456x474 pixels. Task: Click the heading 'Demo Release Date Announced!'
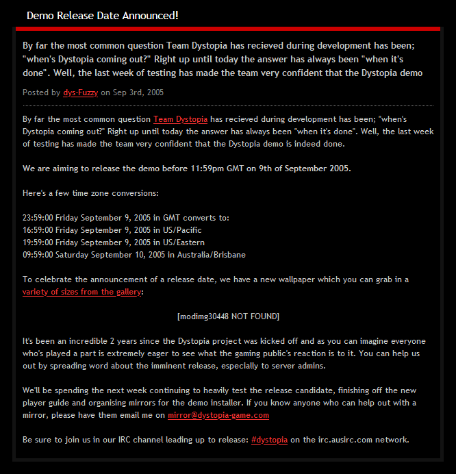tap(102, 15)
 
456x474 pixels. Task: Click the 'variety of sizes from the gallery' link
tap(81, 292)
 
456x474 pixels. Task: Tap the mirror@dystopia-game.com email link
tap(218, 415)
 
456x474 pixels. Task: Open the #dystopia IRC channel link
tap(269, 439)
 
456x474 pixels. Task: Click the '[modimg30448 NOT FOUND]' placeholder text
tap(228, 316)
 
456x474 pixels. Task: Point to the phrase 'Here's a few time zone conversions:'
tap(90, 193)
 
